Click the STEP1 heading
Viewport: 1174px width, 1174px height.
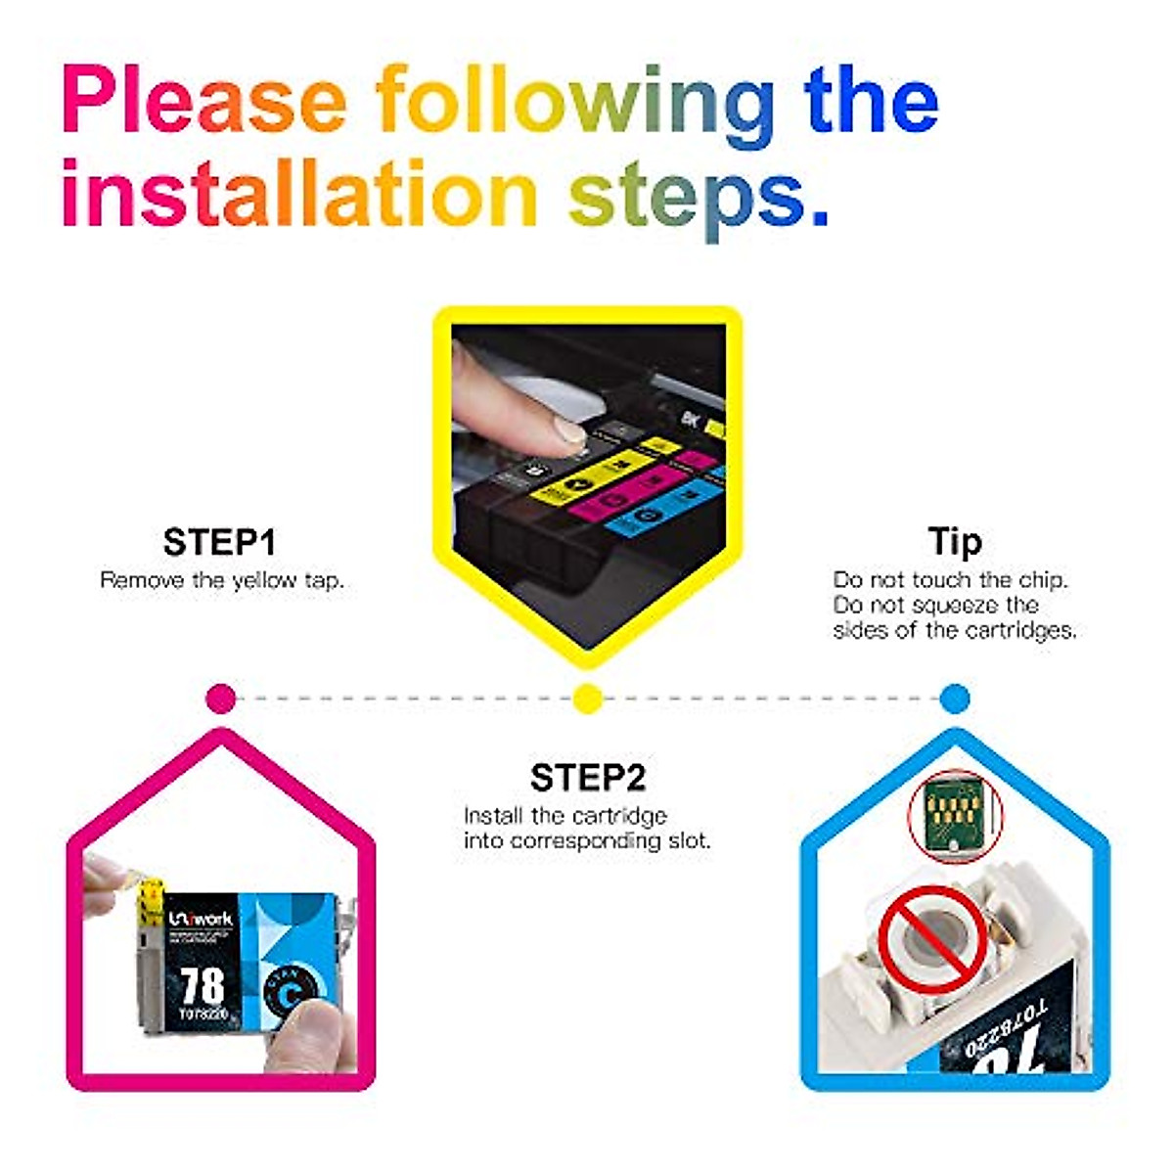(x=219, y=542)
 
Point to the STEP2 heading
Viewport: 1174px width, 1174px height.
(x=587, y=778)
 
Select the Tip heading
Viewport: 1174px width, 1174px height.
(x=954, y=541)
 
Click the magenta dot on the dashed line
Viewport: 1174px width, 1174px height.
(x=222, y=699)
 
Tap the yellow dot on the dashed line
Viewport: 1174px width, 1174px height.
(x=587, y=699)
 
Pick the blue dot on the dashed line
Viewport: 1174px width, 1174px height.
(x=954, y=699)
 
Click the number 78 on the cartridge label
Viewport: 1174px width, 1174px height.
(x=203, y=985)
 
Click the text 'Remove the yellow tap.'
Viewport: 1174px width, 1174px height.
(x=222, y=580)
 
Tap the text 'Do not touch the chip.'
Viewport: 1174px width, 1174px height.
(x=950, y=580)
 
